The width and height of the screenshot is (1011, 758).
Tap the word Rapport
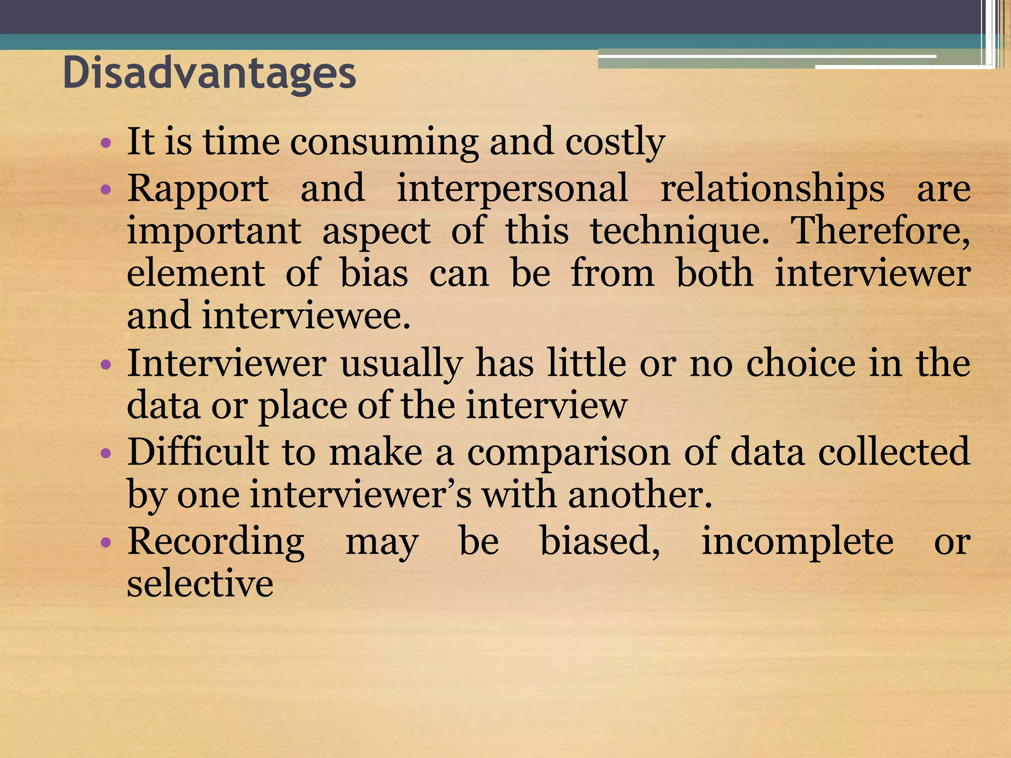(x=198, y=189)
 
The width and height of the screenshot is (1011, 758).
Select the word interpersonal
(x=512, y=189)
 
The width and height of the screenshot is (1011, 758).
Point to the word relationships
(x=772, y=189)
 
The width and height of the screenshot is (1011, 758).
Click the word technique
(x=680, y=231)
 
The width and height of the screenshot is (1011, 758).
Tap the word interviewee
(x=306, y=316)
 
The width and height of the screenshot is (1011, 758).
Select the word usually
(x=401, y=364)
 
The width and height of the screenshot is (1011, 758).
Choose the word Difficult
(x=197, y=452)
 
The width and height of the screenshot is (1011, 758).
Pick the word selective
(x=200, y=583)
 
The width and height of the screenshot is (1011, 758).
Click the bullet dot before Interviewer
(x=106, y=365)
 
